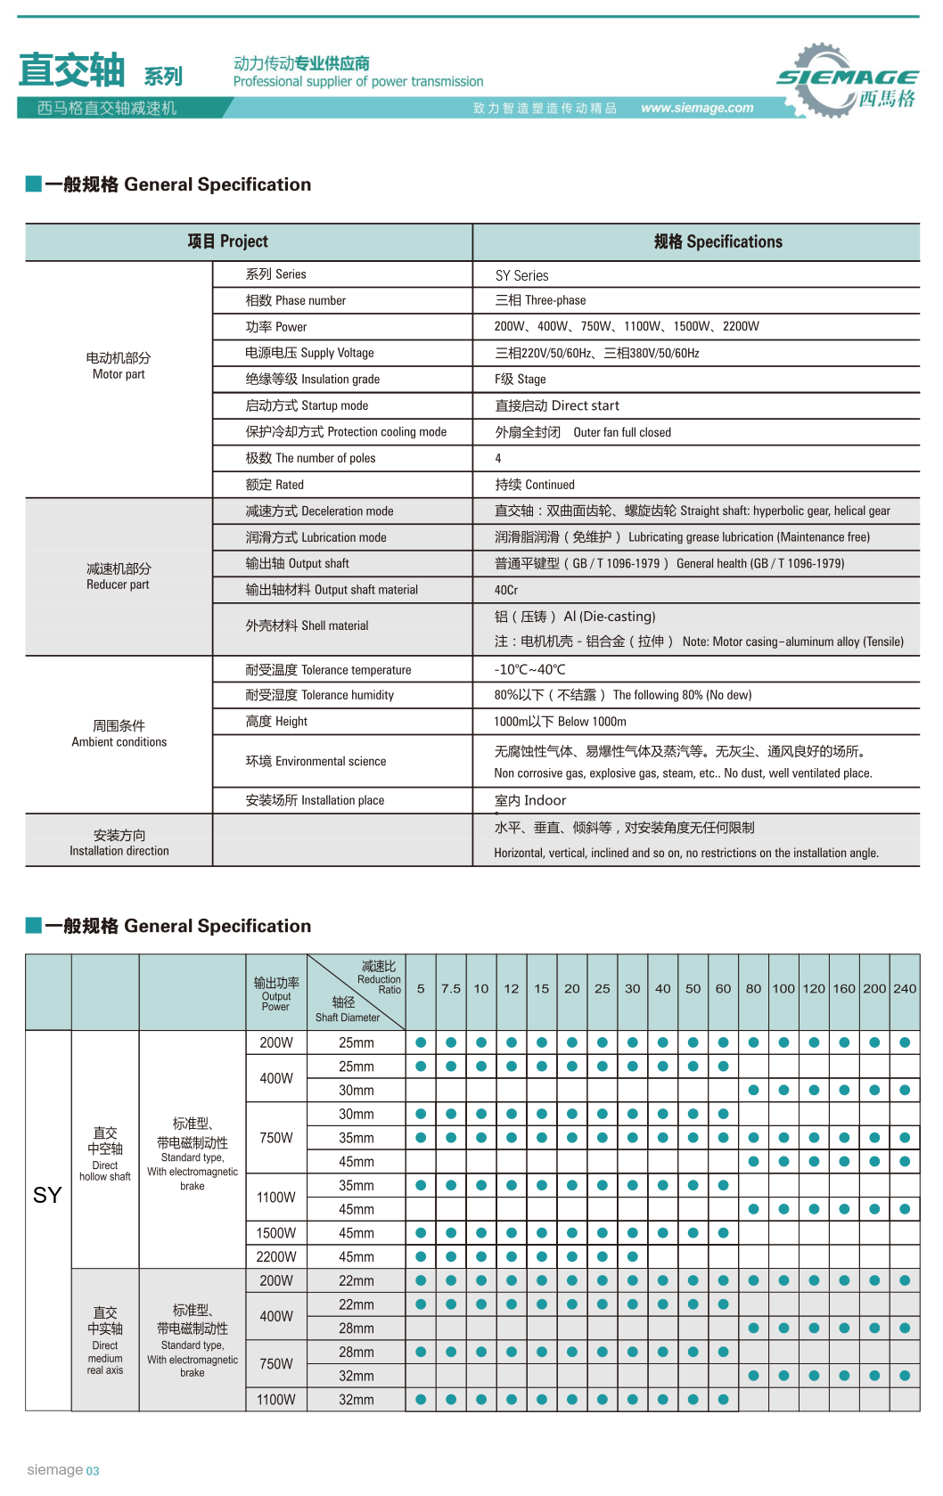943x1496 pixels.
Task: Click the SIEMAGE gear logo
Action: pos(847,81)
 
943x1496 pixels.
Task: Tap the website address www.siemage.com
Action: pos(697,108)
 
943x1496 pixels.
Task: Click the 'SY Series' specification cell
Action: pos(521,275)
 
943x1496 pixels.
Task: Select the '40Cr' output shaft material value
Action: pos(506,590)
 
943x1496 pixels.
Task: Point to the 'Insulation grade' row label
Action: pos(312,379)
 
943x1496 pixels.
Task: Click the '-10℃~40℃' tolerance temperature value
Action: pos(529,669)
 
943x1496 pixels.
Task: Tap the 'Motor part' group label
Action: pos(119,365)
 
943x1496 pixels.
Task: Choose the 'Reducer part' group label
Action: pos(119,576)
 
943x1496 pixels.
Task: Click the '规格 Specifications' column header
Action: pos(717,241)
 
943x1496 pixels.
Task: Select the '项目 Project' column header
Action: pos(227,241)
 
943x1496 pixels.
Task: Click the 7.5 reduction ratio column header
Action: pos(451,988)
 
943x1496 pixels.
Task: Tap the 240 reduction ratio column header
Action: pos(905,988)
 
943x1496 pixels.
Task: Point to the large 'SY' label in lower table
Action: pos(47,1195)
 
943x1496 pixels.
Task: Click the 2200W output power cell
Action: pos(276,1256)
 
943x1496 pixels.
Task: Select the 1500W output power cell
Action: pos(276,1233)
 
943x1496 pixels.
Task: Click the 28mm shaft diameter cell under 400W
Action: pos(357,1328)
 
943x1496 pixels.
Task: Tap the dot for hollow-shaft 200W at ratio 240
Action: pos(905,1042)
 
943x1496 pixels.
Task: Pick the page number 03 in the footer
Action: pos(93,1471)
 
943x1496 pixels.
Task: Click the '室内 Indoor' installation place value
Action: pos(530,800)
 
